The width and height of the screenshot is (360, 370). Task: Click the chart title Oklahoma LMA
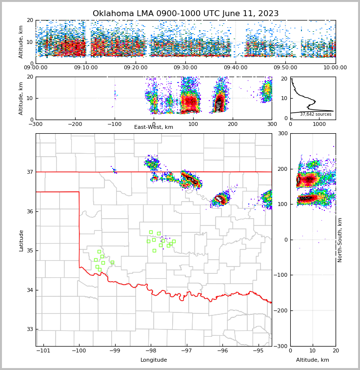point(185,14)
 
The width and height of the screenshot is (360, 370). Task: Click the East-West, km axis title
point(154,127)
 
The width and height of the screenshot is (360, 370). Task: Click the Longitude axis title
point(154,360)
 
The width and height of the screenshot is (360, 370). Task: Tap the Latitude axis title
point(21,240)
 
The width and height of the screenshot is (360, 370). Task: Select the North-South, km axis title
point(340,240)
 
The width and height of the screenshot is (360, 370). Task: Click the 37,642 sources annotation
point(316,115)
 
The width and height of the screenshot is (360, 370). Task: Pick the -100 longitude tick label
point(79,350)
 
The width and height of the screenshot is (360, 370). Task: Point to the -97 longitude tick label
point(187,350)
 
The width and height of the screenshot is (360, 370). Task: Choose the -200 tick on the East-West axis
point(75,124)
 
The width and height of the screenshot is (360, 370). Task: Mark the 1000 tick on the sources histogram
point(319,124)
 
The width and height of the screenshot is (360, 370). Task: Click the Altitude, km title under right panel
point(313,360)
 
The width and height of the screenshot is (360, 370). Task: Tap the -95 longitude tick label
point(259,350)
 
